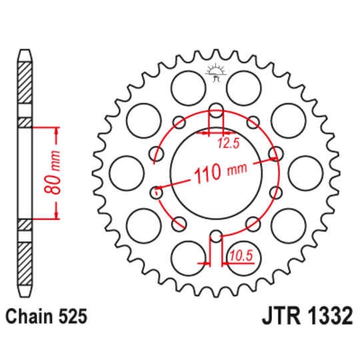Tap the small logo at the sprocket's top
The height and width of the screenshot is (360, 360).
click(216, 72)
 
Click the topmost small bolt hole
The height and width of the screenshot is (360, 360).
click(216, 111)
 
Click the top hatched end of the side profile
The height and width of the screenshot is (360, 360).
click(25, 83)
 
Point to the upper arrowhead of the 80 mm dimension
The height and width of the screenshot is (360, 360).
click(57, 129)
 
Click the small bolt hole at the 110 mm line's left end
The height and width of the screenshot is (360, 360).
click(157, 193)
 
